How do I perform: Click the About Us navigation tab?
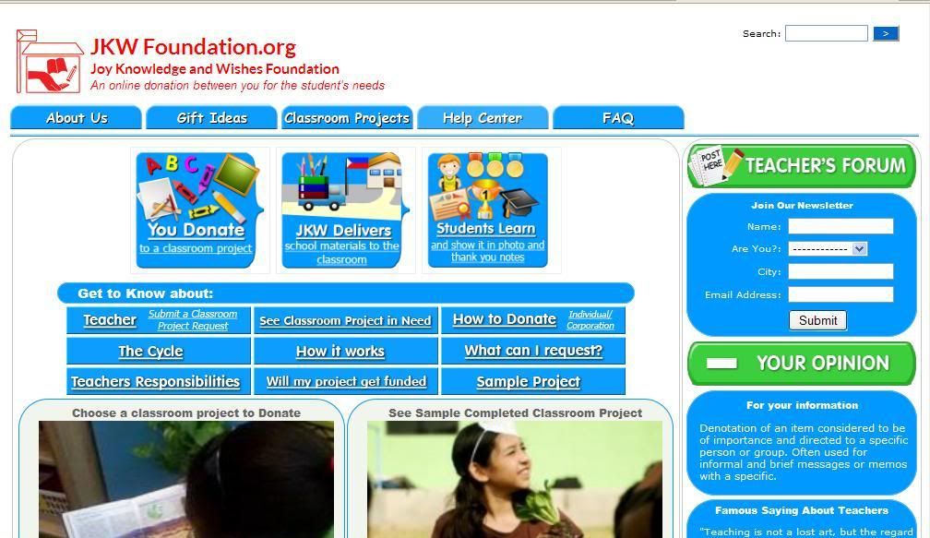pos(76,117)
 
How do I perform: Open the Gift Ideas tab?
pos(212,117)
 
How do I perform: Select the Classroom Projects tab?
pos(347,117)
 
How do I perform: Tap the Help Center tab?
pos(483,117)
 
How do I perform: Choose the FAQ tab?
pos(618,117)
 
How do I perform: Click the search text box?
pos(827,33)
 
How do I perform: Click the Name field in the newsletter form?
pos(841,226)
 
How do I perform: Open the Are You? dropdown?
pos(828,248)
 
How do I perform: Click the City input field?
pos(841,271)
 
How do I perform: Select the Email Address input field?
pos(841,294)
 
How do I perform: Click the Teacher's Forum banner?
pos(801,165)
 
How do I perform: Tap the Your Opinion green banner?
pos(801,363)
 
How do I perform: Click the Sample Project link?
pos(528,382)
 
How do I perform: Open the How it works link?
pos(340,352)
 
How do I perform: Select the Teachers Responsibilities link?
pos(155,381)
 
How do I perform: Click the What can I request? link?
pos(533,351)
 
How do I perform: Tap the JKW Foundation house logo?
pos(50,62)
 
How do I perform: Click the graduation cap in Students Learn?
pos(520,203)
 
